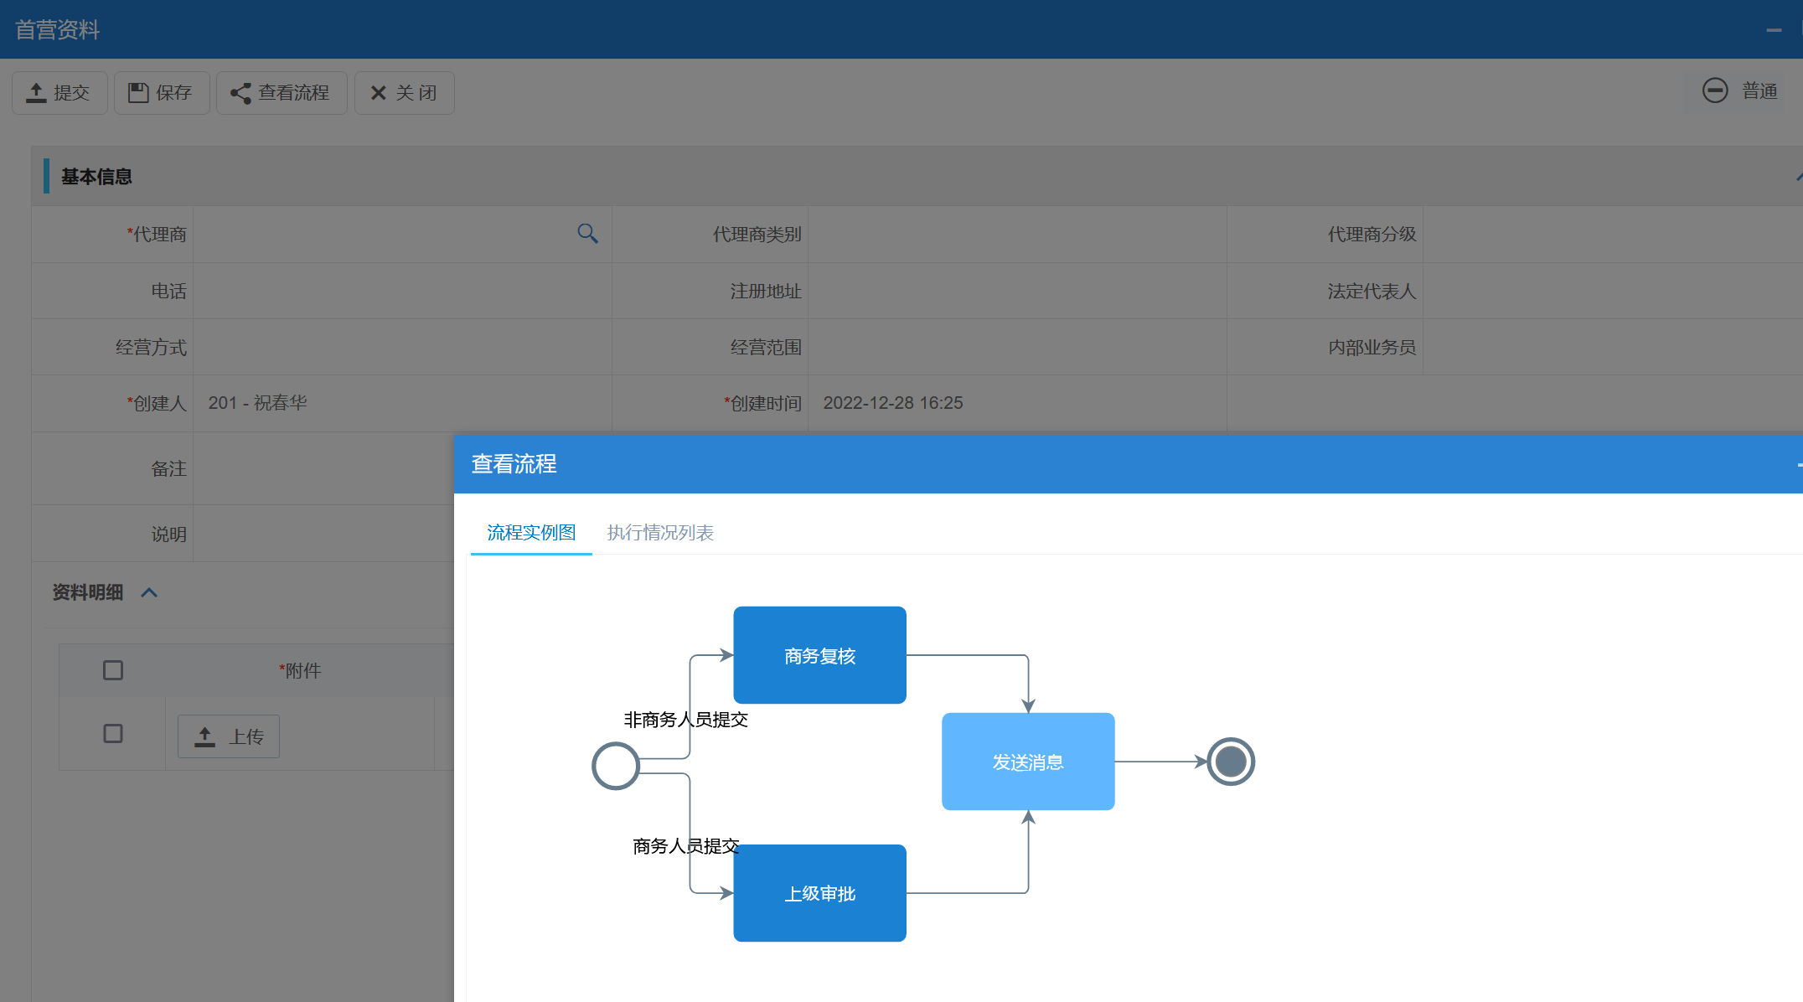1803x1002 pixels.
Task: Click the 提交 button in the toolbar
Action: click(x=59, y=93)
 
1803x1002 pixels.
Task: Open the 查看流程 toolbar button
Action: click(x=282, y=93)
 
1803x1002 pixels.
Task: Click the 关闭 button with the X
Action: click(x=404, y=93)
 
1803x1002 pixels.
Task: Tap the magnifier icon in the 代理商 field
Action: click(x=587, y=234)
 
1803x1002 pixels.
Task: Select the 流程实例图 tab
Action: click(x=531, y=533)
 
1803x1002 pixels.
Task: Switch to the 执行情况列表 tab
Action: click(x=660, y=533)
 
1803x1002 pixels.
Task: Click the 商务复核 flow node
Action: click(x=819, y=655)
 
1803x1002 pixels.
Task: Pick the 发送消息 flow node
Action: click(x=1028, y=762)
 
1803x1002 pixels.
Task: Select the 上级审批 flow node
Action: click(x=819, y=893)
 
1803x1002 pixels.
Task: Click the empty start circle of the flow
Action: click(x=616, y=766)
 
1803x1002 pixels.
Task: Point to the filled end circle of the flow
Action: click(x=1230, y=762)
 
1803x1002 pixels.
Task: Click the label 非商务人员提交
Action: click(x=685, y=720)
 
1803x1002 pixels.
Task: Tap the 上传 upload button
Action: click(x=229, y=736)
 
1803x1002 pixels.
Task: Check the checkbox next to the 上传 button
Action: click(x=113, y=734)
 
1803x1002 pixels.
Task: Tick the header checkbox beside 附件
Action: click(x=113, y=670)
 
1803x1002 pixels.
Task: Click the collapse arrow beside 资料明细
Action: click(x=149, y=593)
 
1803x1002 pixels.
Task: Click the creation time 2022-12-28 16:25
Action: click(x=893, y=403)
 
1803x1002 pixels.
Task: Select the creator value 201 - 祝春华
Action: click(x=258, y=403)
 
